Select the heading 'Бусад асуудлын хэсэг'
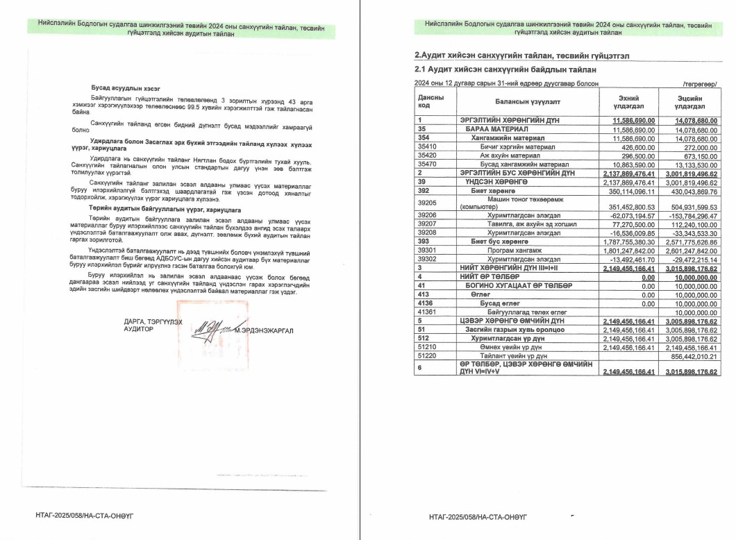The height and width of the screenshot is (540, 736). (x=126, y=90)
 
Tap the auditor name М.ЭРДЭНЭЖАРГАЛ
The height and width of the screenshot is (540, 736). (x=264, y=330)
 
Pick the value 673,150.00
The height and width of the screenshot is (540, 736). (x=701, y=155)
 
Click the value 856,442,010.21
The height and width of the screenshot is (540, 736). (x=695, y=356)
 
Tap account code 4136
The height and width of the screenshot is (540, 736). (x=426, y=303)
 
